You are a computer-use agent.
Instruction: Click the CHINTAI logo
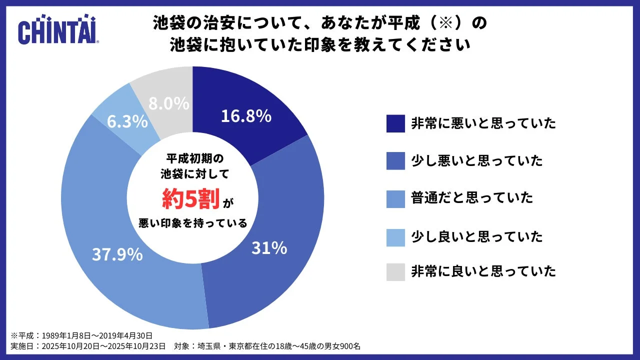(x=58, y=31)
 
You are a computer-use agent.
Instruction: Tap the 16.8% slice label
(x=246, y=116)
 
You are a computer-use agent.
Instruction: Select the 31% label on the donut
(x=269, y=247)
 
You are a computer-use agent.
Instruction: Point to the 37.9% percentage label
(x=117, y=254)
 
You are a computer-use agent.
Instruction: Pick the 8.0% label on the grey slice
(x=169, y=103)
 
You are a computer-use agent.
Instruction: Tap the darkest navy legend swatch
(x=395, y=123)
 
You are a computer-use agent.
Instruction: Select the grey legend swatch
(x=395, y=271)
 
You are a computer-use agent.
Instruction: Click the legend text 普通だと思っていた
(x=472, y=197)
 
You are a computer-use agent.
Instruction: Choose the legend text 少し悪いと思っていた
(x=476, y=160)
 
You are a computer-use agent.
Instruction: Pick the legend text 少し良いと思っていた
(x=476, y=235)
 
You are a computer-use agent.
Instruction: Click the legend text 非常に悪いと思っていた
(x=483, y=123)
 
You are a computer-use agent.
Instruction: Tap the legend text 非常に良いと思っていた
(x=483, y=271)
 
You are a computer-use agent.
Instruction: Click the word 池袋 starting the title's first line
(x=165, y=23)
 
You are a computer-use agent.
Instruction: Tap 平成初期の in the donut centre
(x=192, y=158)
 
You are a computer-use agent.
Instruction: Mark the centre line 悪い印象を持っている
(x=192, y=223)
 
